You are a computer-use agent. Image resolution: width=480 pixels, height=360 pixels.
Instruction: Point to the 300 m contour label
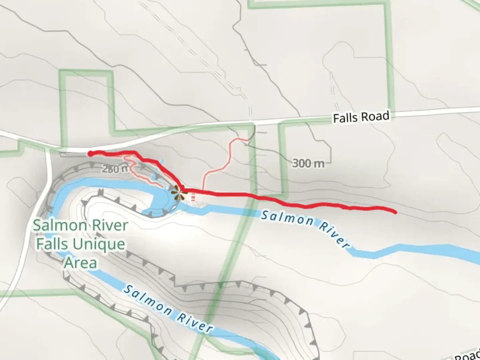[x=308, y=163]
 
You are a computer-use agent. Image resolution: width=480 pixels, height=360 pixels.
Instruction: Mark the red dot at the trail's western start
[x=90, y=154]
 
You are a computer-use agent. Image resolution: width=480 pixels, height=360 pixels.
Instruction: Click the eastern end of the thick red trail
[x=395, y=212]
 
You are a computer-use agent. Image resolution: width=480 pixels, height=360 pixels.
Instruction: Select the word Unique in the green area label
[x=99, y=244]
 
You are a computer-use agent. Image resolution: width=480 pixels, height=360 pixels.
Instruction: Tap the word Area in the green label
[x=81, y=263]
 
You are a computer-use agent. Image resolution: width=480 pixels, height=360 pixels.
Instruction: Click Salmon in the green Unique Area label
[x=55, y=226]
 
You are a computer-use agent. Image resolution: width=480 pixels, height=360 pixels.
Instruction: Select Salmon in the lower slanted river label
[x=148, y=301]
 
